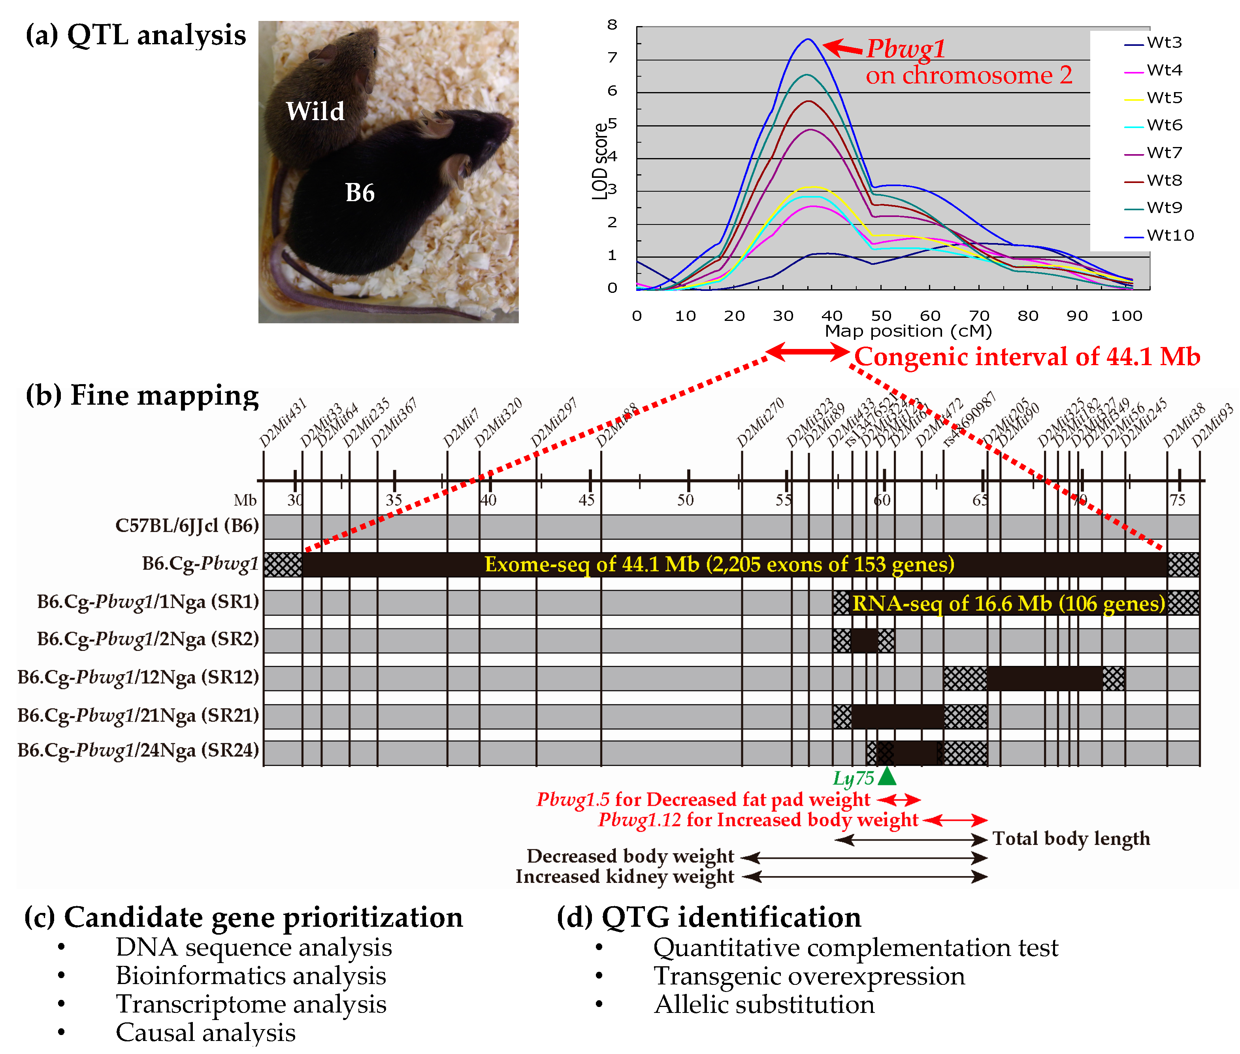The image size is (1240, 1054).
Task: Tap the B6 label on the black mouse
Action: [360, 193]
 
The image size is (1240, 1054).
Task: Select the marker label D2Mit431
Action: [283, 423]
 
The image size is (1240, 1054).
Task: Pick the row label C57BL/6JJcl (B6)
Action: [187, 526]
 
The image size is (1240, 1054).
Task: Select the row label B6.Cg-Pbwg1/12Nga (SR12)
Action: [139, 677]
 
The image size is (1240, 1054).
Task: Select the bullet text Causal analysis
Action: [205, 1032]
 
